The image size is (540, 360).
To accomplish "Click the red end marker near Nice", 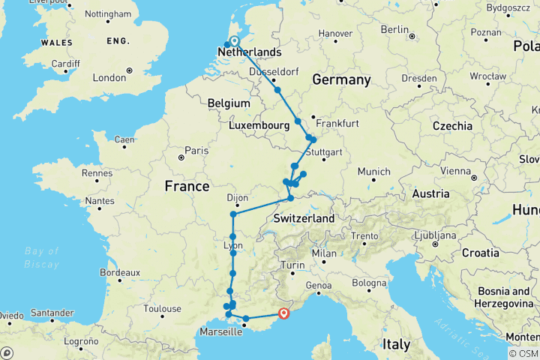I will pyautogui.click(x=284, y=313).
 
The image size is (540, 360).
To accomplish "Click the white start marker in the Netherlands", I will pyautogui.click(x=234, y=41).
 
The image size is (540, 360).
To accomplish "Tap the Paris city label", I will pyautogui.click(x=196, y=151).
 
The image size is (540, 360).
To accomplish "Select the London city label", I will pyautogui.click(x=109, y=78).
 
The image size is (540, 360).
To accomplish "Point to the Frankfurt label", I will pyautogui.click(x=337, y=123).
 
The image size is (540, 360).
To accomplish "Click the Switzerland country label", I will pyautogui.click(x=304, y=217).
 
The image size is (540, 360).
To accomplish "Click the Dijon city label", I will pyautogui.click(x=237, y=198).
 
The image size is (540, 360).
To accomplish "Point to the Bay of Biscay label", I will pyautogui.click(x=42, y=256).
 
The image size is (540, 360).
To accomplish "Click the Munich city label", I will pyautogui.click(x=374, y=172).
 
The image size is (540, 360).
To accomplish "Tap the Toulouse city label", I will pyautogui.click(x=163, y=308).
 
